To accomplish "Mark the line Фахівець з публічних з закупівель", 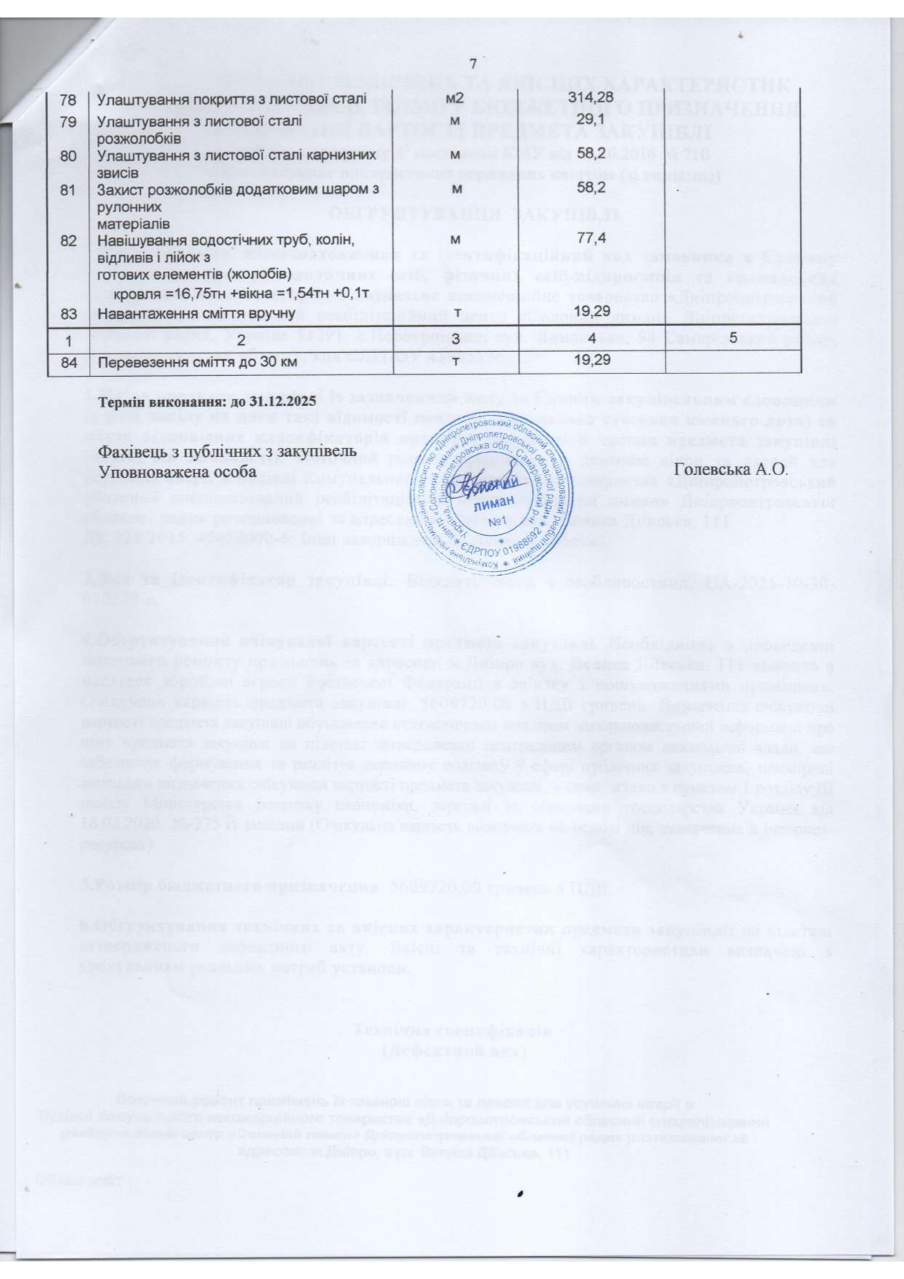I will (x=227, y=451).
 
